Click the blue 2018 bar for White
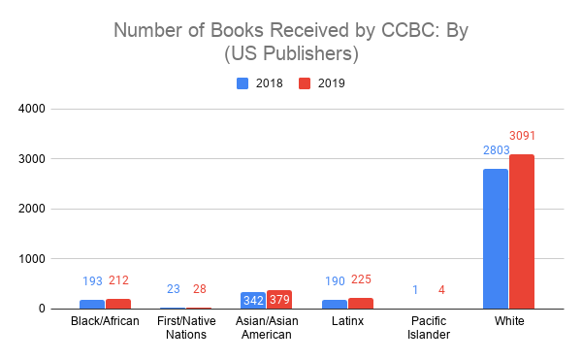click(496, 239)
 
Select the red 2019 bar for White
click(522, 232)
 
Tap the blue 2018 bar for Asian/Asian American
click(253, 301)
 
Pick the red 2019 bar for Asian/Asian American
click(280, 300)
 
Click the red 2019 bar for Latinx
click(361, 304)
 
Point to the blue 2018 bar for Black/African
click(92, 305)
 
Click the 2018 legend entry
click(261, 83)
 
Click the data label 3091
click(522, 136)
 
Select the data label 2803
click(496, 150)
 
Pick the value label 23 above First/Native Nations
click(173, 288)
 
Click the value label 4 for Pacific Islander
click(441, 289)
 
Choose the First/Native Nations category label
click(186, 329)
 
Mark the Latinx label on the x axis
click(347, 322)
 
